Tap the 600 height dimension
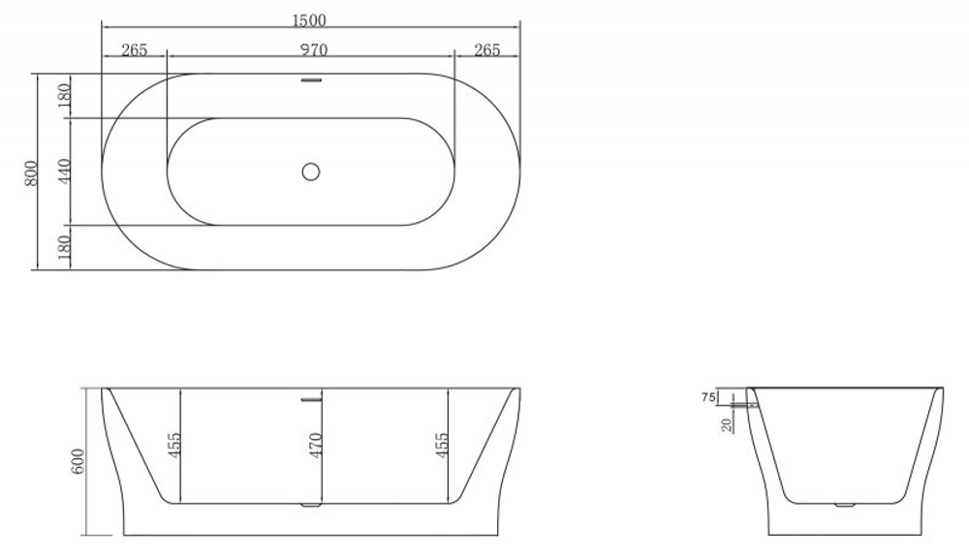pyautogui.click(x=79, y=462)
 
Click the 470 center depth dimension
pyautogui.click(x=315, y=445)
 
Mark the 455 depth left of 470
pyautogui.click(x=174, y=445)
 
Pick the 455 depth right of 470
pyautogui.click(x=442, y=445)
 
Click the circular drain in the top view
pyautogui.click(x=310, y=171)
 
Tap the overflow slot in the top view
pyautogui.click(x=310, y=80)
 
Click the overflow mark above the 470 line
pyautogui.click(x=310, y=397)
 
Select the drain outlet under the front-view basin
pyautogui.click(x=310, y=505)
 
